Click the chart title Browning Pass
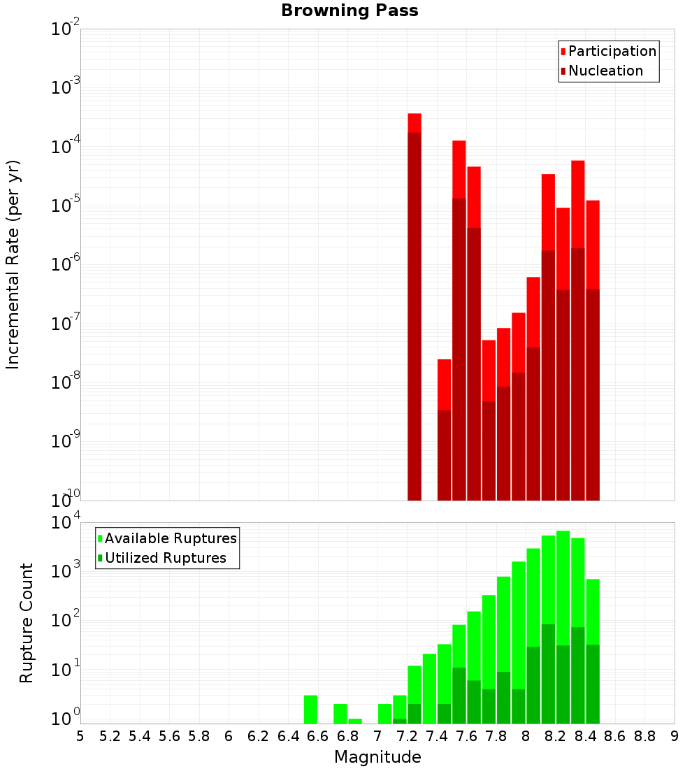point(349,11)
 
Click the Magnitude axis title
point(377,757)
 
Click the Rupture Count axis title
point(27,622)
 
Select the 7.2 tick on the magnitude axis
point(407,736)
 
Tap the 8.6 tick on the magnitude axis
point(615,736)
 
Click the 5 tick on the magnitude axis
point(80,736)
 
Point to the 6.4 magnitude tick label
point(288,736)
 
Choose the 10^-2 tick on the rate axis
point(65,29)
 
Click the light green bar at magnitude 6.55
point(310,710)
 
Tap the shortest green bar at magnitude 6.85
point(355,721)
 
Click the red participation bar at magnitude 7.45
point(445,384)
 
